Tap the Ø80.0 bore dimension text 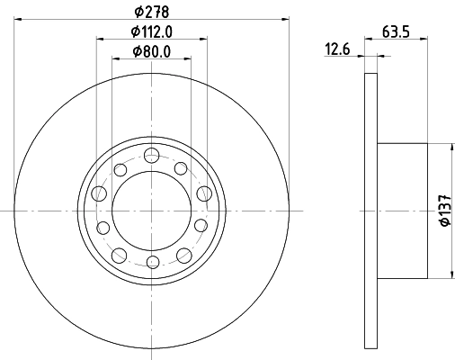(x=151, y=51)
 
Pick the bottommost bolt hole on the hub (x=152, y=261)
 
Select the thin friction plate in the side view (x=370, y=209)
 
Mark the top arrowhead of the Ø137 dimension (x=449, y=146)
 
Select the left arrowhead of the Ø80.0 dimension (x=114, y=59)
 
